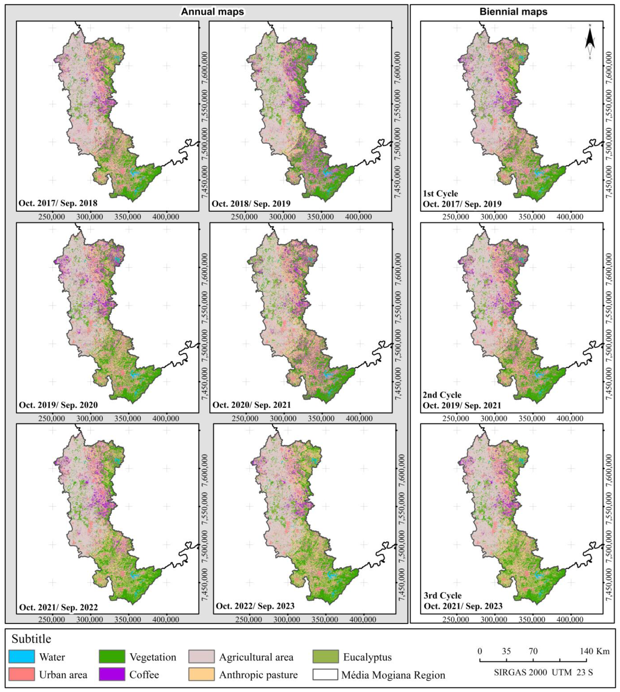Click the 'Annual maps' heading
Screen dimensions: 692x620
tap(212, 12)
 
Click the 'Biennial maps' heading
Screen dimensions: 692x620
tap(513, 12)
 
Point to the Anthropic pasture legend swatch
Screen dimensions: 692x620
tap(201, 674)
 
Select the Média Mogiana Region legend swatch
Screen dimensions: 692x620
tap(326, 674)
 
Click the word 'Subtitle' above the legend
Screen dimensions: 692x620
tap(31, 639)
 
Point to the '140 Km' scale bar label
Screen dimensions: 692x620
tap(595, 651)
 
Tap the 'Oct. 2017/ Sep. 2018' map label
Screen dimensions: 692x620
tap(58, 203)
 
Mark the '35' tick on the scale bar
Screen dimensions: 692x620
tap(506, 651)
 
